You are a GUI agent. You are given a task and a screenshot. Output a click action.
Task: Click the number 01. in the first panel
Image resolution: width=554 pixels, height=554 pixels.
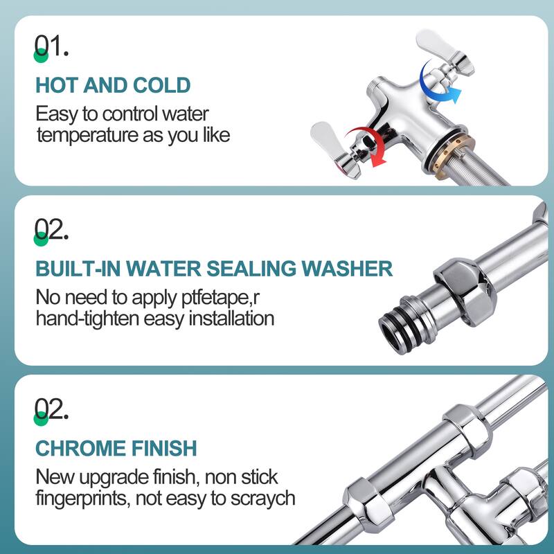tap(51, 46)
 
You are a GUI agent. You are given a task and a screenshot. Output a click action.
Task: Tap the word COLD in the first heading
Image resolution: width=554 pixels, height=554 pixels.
tap(161, 85)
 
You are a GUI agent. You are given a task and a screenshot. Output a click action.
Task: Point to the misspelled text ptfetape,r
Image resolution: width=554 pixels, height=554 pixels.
tap(220, 298)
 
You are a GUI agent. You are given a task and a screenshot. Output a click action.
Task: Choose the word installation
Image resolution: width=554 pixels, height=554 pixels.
tap(231, 319)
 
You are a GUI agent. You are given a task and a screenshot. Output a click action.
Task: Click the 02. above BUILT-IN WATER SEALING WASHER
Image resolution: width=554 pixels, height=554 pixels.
tap(51, 229)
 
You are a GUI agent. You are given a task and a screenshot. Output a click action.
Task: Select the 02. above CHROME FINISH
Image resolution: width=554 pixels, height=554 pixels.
tap(51, 409)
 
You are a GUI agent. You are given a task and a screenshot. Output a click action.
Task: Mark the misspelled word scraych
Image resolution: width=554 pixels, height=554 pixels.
tap(262, 499)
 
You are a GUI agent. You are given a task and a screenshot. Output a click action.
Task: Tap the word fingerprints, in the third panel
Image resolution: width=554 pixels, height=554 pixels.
tap(83, 499)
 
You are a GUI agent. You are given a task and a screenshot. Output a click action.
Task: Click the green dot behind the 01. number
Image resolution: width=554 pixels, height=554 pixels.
tap(41, 55)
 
